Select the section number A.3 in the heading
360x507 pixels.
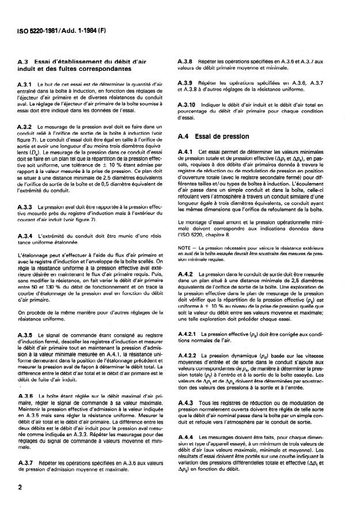[25, 62]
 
